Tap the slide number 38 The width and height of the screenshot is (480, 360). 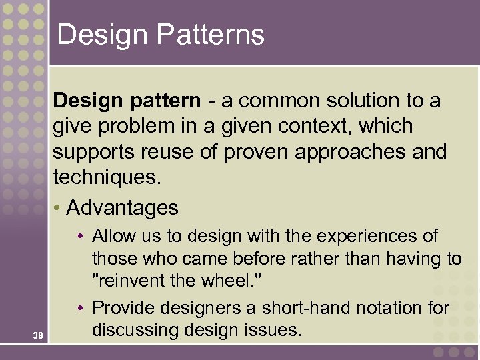(x=37, y=336)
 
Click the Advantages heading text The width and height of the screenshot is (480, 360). (x=123, y=208)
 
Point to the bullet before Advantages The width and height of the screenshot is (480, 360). (x=58, y=208)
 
